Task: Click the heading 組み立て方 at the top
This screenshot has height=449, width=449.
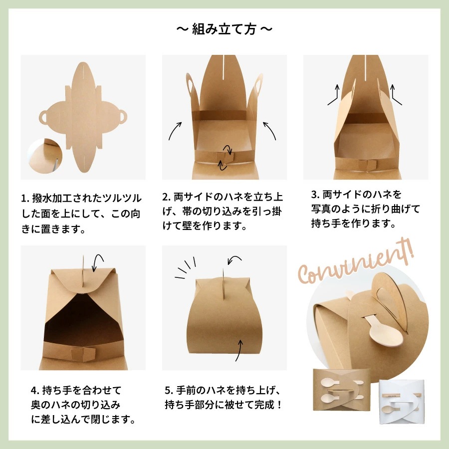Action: [x=224, y=29]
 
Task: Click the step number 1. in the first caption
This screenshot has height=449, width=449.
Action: [x=26, y=199]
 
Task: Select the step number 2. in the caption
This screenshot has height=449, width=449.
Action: [x=167, y=197]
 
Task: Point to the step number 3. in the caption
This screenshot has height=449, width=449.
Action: [x=315, y=195]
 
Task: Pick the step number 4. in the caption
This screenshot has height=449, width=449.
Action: [x=35, y=390]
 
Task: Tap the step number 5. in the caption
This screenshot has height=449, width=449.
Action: [x=169, y=390]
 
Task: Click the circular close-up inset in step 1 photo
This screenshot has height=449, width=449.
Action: [x=45, y=156]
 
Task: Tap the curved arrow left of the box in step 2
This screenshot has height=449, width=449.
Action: [x=175, y=131]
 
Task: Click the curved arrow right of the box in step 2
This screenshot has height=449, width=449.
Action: [x=269, y=131]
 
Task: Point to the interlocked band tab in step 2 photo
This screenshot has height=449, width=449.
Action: [x=225, y=158]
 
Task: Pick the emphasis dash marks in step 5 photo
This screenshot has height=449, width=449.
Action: [x=185, y=267]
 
